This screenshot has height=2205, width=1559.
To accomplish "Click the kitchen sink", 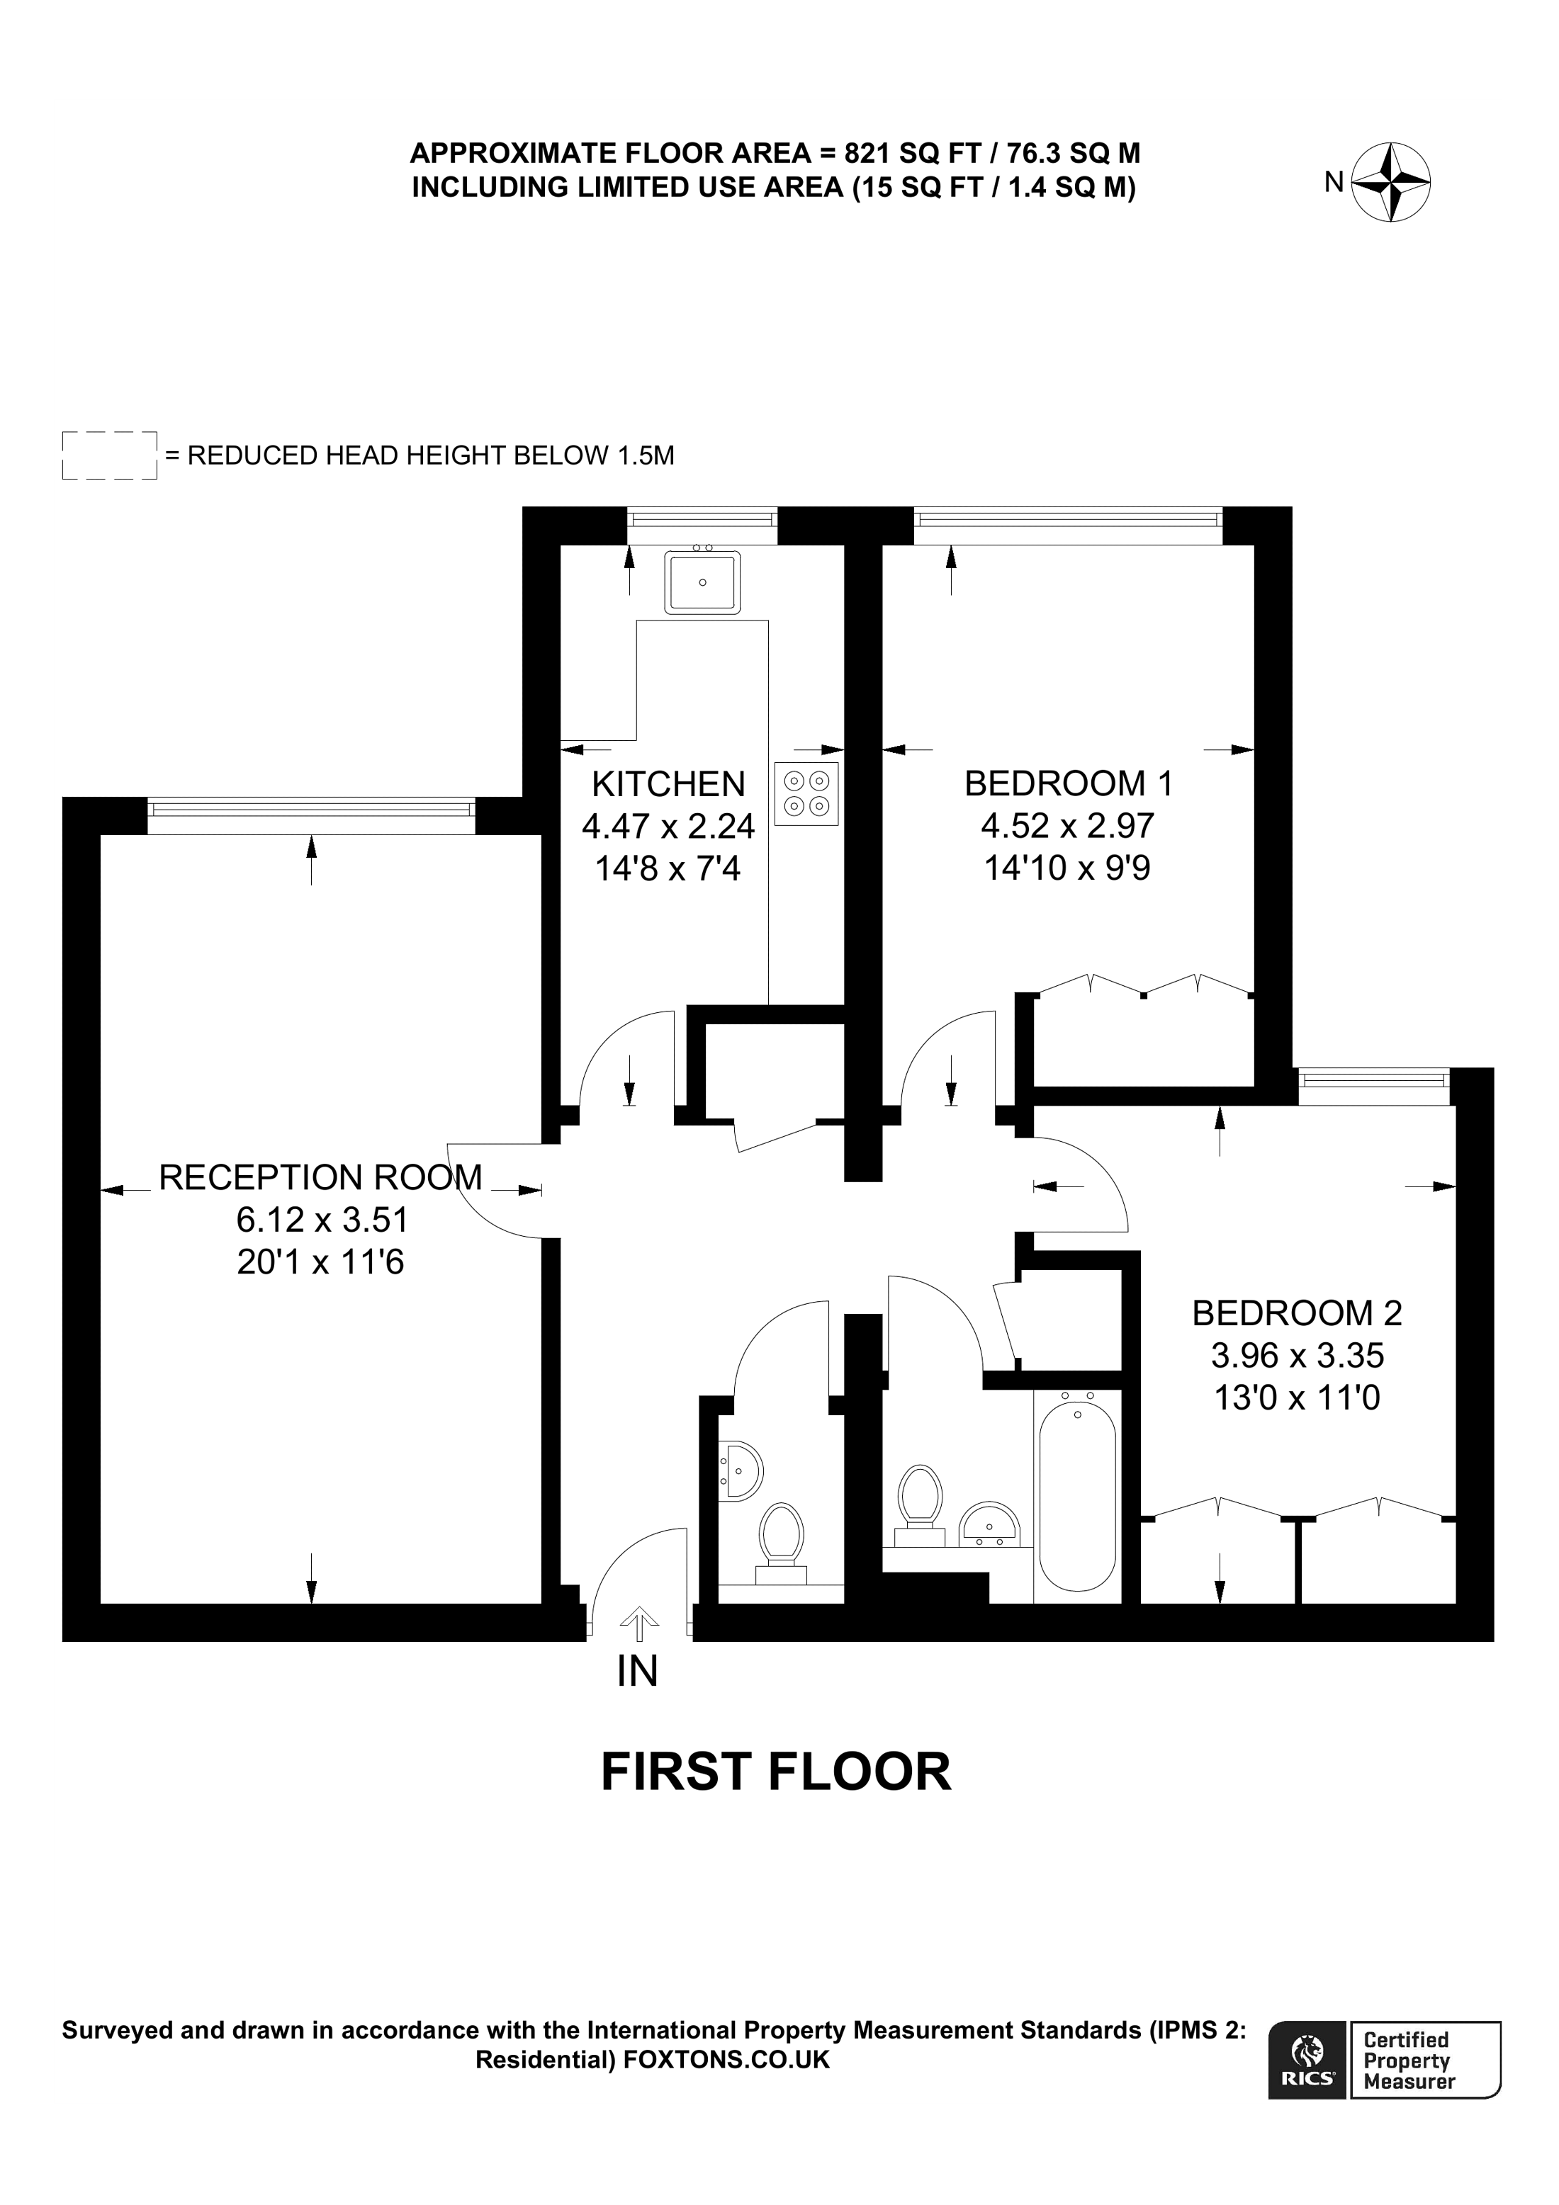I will [x=702, y=582].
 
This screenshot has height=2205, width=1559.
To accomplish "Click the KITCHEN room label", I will [x=668, y=785].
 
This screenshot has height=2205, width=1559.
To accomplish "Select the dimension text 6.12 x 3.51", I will [x=322, y=1220].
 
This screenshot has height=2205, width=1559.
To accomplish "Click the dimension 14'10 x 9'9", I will [x=1066, y=868].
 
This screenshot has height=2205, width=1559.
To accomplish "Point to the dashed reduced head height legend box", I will [x=110, y=455].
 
